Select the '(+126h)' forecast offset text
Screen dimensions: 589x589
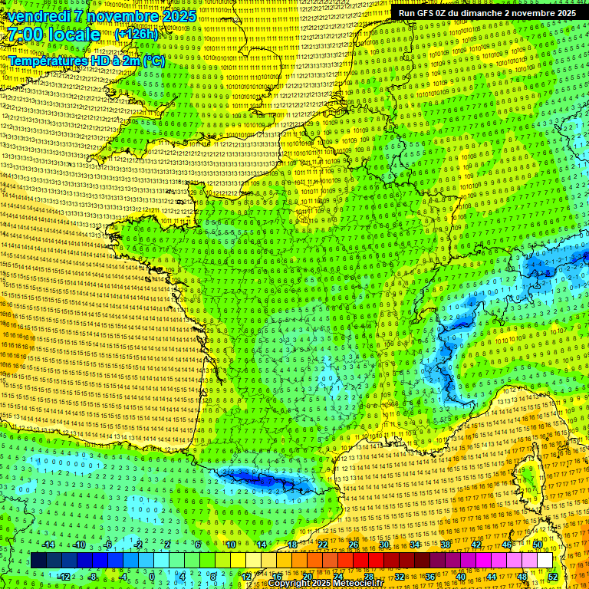coord(137,35)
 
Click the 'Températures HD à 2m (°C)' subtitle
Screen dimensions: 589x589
coord(86,60)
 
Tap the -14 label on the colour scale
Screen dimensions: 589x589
coord(48,545)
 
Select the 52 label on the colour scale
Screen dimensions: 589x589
coord(553,577)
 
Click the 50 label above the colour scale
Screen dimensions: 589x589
coord(537,545)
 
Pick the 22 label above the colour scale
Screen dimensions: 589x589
coord(323,545)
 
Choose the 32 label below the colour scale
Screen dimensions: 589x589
coord(399,577)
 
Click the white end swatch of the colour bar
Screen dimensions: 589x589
coord(545,561)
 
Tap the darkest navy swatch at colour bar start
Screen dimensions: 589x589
coord(38,561)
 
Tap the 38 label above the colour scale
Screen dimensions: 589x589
coord(445,545)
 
